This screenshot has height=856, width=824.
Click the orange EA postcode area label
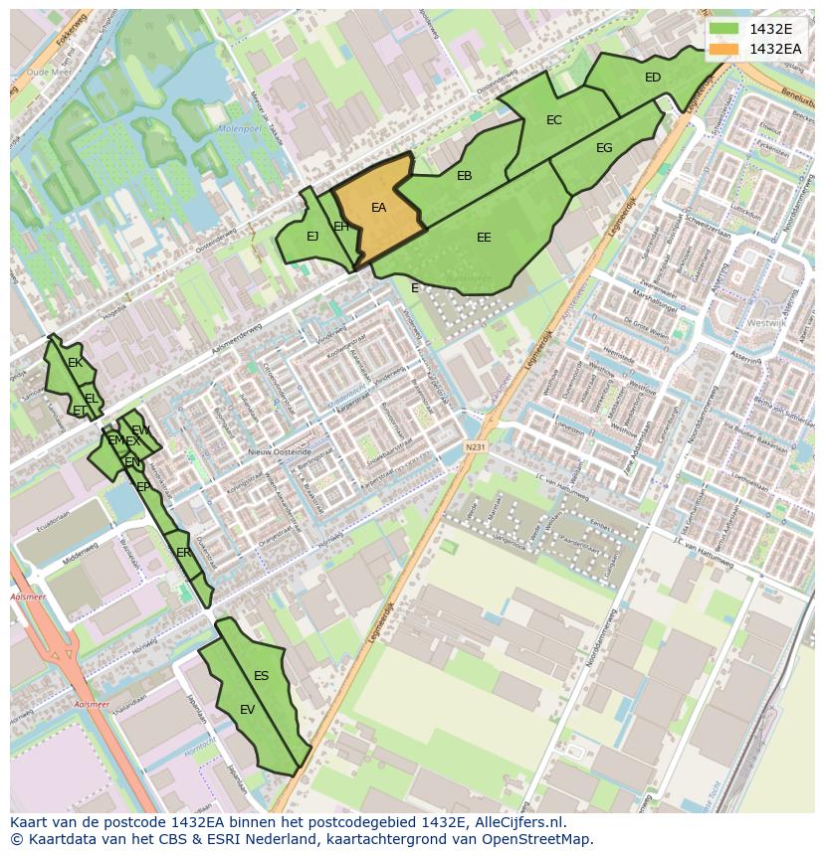(378, 208)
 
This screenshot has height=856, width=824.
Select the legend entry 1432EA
(775, 49)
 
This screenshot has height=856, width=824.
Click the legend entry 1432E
(771, 30)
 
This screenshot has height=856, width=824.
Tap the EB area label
(464, 176)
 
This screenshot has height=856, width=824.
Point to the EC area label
(554, 120)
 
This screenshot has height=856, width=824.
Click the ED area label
(653, 78)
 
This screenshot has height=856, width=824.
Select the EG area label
(604, 148)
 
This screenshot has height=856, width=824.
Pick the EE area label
(484, 238)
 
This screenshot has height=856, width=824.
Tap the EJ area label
(312, 237)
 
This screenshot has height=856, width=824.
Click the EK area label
(75, 363)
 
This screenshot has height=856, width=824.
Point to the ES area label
(261, 676)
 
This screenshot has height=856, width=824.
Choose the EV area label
(248, 709)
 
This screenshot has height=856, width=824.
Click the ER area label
(183, 552)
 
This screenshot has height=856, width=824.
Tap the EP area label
(143, 487)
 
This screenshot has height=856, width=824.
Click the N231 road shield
(475, 447)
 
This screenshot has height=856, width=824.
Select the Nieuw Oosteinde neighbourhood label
(275, 451)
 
